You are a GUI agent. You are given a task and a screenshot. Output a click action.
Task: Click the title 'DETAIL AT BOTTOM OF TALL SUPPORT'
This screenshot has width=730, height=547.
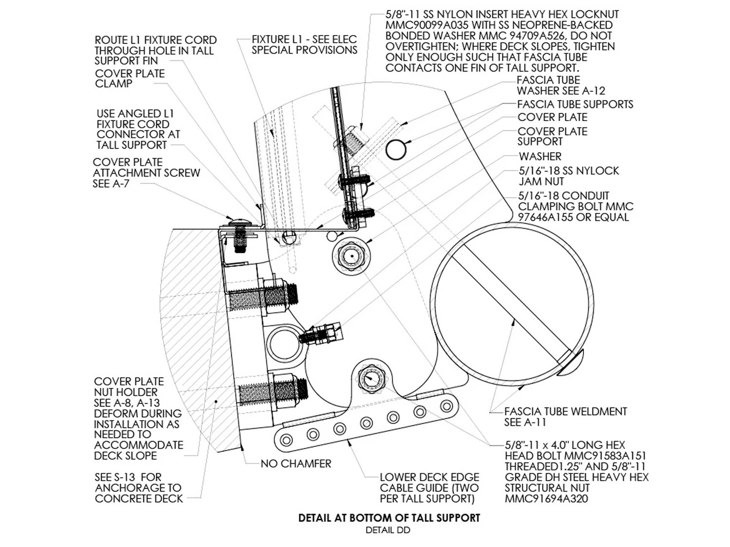(x=389, y=518)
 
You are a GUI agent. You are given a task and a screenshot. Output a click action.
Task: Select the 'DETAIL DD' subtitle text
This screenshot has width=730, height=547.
(x=388, y=530)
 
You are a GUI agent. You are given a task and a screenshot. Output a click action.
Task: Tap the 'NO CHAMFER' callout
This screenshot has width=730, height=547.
(x=296, y=464)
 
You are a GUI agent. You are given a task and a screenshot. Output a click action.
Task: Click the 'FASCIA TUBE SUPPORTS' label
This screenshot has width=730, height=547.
(x=575, y=104)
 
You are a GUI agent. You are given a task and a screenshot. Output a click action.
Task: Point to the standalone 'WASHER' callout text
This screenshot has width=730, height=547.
(x=540, y=156)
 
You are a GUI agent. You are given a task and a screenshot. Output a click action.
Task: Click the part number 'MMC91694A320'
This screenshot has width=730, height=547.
(x=547, y=498)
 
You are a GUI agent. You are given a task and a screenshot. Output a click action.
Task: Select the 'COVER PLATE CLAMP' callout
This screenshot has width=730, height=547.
(x=130, y=78)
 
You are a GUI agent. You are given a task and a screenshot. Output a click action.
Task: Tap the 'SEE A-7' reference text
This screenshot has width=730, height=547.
(x=111, y=184)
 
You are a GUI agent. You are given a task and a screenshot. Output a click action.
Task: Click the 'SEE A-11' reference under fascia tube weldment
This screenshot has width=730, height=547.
(x=525, y=423)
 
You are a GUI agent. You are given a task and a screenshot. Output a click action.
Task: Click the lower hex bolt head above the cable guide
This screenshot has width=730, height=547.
(x=370, y=378)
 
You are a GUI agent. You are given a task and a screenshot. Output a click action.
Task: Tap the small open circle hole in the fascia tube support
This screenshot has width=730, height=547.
(x=396, y=150)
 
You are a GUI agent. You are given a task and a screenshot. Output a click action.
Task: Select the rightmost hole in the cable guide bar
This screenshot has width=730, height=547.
(x=446, y=406)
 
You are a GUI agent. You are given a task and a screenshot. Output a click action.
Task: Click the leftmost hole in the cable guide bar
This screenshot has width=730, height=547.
(x=286, y=440)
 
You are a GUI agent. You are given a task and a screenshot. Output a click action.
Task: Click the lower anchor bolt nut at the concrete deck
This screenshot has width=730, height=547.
(x=285, y=390)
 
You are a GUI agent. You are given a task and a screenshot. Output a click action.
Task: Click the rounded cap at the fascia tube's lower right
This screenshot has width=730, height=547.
(x=571, y=364)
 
